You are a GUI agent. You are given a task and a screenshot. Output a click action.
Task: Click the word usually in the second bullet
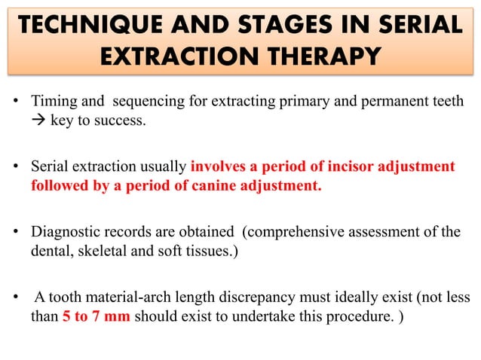[161, 166]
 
